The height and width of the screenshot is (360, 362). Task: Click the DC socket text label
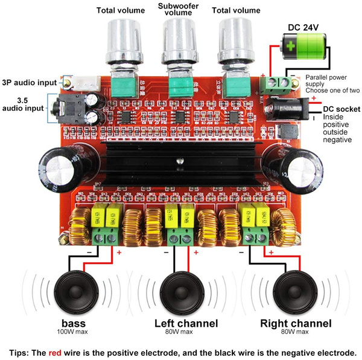point(341,109)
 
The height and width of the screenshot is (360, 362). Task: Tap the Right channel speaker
point(294,291)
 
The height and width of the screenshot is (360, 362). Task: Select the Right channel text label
point(296,323)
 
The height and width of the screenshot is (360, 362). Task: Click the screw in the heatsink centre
point(179,162)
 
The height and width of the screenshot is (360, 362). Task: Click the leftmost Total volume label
point(120,10)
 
